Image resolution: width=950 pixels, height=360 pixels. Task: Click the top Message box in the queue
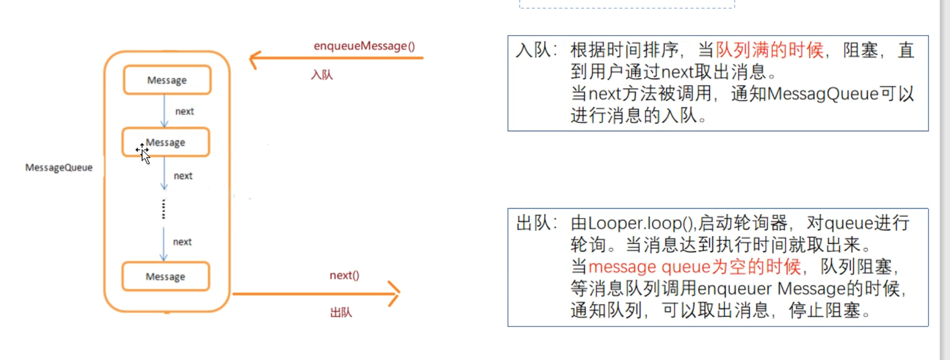167,80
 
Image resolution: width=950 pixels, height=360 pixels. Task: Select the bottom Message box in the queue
165,276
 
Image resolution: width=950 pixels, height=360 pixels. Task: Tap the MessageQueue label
59,167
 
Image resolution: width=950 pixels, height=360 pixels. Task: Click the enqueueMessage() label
364,46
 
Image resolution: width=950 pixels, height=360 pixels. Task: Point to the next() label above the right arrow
344,275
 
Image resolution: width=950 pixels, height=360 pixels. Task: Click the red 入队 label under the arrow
322,75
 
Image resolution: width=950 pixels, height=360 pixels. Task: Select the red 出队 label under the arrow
341,312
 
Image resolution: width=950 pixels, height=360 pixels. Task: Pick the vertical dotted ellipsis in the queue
164,209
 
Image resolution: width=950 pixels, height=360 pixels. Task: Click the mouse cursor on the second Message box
143,153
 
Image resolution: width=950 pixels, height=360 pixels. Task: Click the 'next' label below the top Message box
184,111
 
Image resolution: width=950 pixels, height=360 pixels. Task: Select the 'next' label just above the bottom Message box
182,242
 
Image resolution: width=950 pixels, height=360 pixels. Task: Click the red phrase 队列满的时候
770,50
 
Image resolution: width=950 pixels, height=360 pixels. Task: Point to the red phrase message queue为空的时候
694,267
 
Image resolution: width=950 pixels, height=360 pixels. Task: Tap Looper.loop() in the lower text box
641,223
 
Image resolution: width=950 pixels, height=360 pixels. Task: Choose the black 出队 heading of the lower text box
533,223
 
